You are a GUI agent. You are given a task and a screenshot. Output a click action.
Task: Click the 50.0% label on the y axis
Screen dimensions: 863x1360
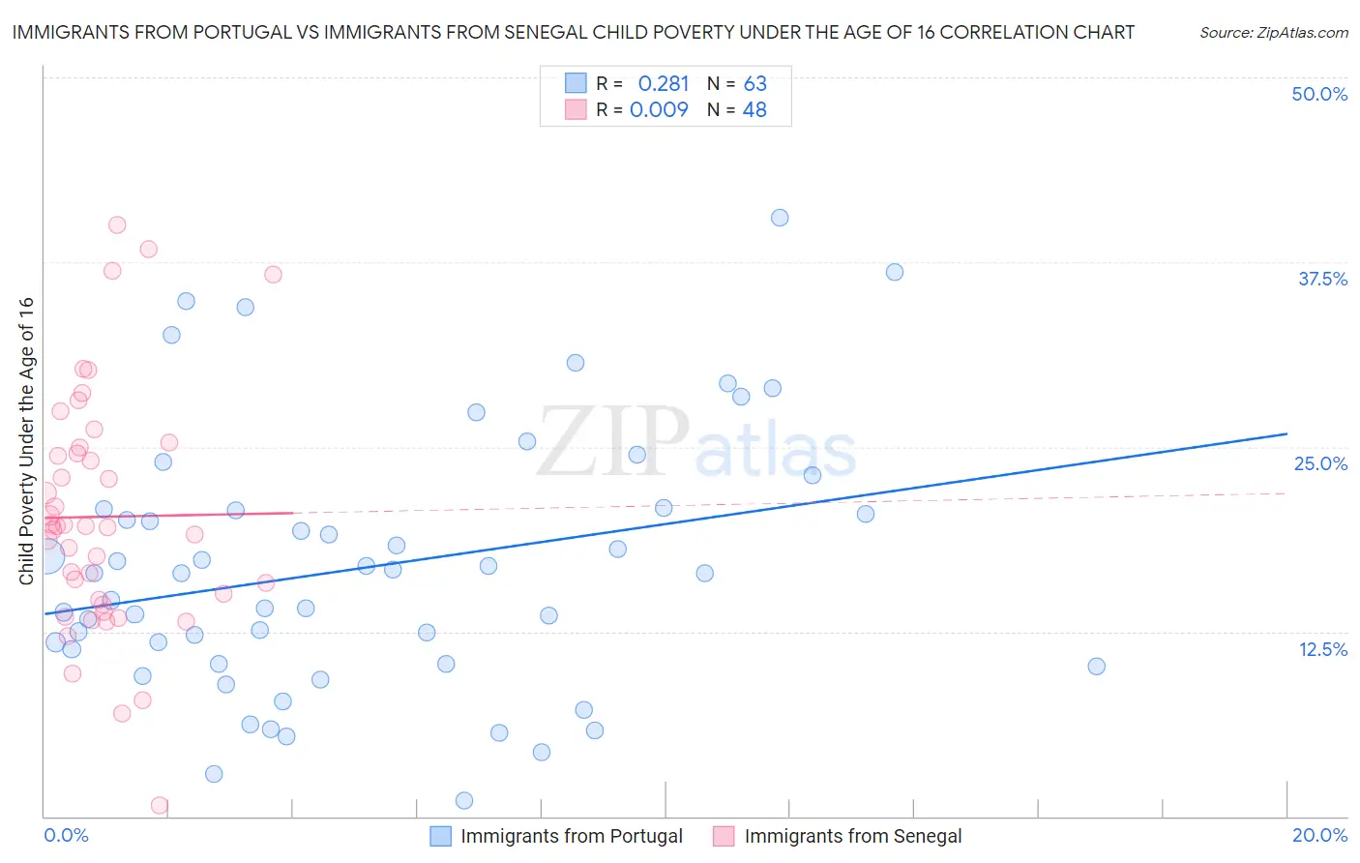1319,94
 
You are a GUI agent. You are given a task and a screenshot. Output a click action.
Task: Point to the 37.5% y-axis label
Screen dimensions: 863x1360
1322,279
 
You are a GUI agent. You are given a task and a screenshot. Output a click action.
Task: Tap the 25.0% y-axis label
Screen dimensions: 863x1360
1320,463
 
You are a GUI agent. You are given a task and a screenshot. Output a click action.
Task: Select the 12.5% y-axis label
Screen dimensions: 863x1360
1322,649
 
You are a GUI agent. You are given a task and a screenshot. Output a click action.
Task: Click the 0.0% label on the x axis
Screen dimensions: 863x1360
66,835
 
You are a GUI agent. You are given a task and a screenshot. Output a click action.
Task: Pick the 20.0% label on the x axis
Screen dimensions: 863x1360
1319,835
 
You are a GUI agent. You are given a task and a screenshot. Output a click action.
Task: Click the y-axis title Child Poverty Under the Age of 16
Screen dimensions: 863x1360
26,440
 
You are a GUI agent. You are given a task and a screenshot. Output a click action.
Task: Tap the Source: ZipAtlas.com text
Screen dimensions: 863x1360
1273,33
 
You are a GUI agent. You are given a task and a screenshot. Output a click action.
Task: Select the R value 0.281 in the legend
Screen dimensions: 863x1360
663,83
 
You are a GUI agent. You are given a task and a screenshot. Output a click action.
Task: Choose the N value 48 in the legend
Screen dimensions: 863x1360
754,110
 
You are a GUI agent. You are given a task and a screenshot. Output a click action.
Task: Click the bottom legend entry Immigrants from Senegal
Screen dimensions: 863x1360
852,836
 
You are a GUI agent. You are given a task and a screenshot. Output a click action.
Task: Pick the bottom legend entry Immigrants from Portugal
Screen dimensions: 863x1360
571,836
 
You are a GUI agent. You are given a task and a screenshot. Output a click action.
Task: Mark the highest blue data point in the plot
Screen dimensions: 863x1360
780,218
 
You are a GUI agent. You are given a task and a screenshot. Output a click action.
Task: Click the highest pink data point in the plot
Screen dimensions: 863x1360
117,224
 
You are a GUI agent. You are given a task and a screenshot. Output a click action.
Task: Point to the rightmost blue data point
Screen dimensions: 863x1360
1096,667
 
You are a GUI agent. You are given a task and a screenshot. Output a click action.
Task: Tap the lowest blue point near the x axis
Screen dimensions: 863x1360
464,800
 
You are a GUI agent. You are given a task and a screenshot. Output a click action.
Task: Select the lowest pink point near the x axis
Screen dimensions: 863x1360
160,806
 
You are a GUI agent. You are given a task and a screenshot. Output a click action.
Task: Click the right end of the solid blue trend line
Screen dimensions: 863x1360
1286,433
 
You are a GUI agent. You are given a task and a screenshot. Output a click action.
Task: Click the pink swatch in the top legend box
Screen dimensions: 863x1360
576,110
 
